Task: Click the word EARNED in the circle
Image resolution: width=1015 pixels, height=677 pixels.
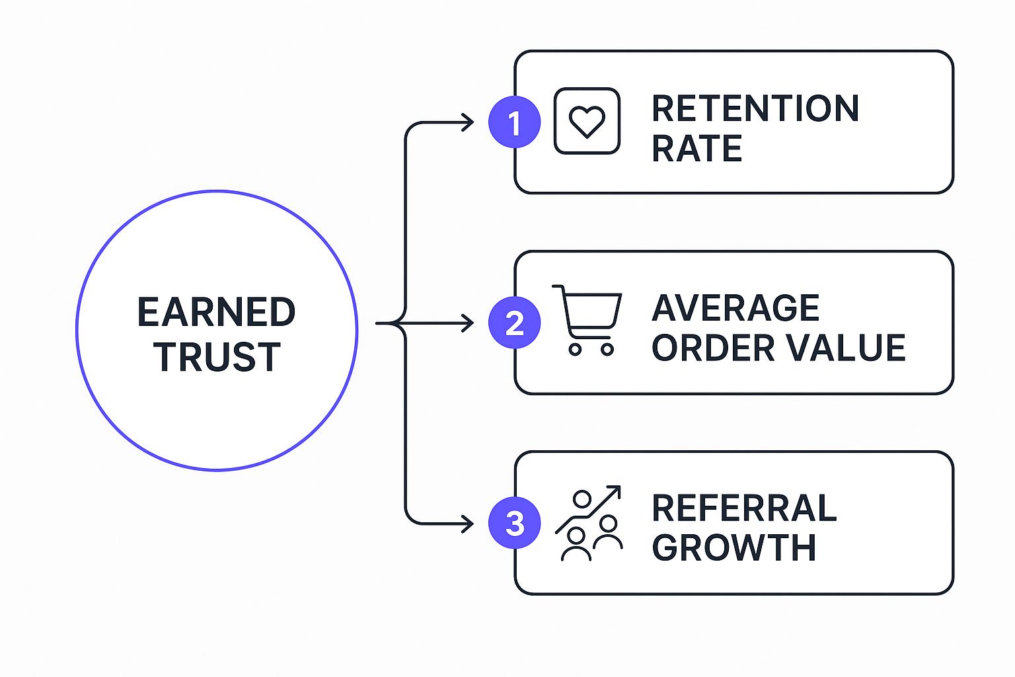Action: coord(216,312)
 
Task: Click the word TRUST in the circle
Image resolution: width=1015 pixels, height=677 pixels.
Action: coord(217,357)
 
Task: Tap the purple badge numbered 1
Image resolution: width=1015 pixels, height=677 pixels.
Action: coord(514,122)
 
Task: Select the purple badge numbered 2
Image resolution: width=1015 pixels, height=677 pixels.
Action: coord(514,323)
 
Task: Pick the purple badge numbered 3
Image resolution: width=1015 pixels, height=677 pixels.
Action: coord(514,523)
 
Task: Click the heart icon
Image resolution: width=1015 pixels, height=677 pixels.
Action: coord(587,122)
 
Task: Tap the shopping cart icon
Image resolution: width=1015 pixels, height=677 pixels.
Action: coord(587,321)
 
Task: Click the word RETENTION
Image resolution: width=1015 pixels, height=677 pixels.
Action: coord(755,108)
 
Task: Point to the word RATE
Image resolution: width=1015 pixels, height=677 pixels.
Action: coord(696,148)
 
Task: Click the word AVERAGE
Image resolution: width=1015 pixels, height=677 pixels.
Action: coord(735,308)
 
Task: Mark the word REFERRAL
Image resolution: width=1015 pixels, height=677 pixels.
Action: coord(744,508)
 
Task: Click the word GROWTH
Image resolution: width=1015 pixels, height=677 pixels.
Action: coord(733,548)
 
